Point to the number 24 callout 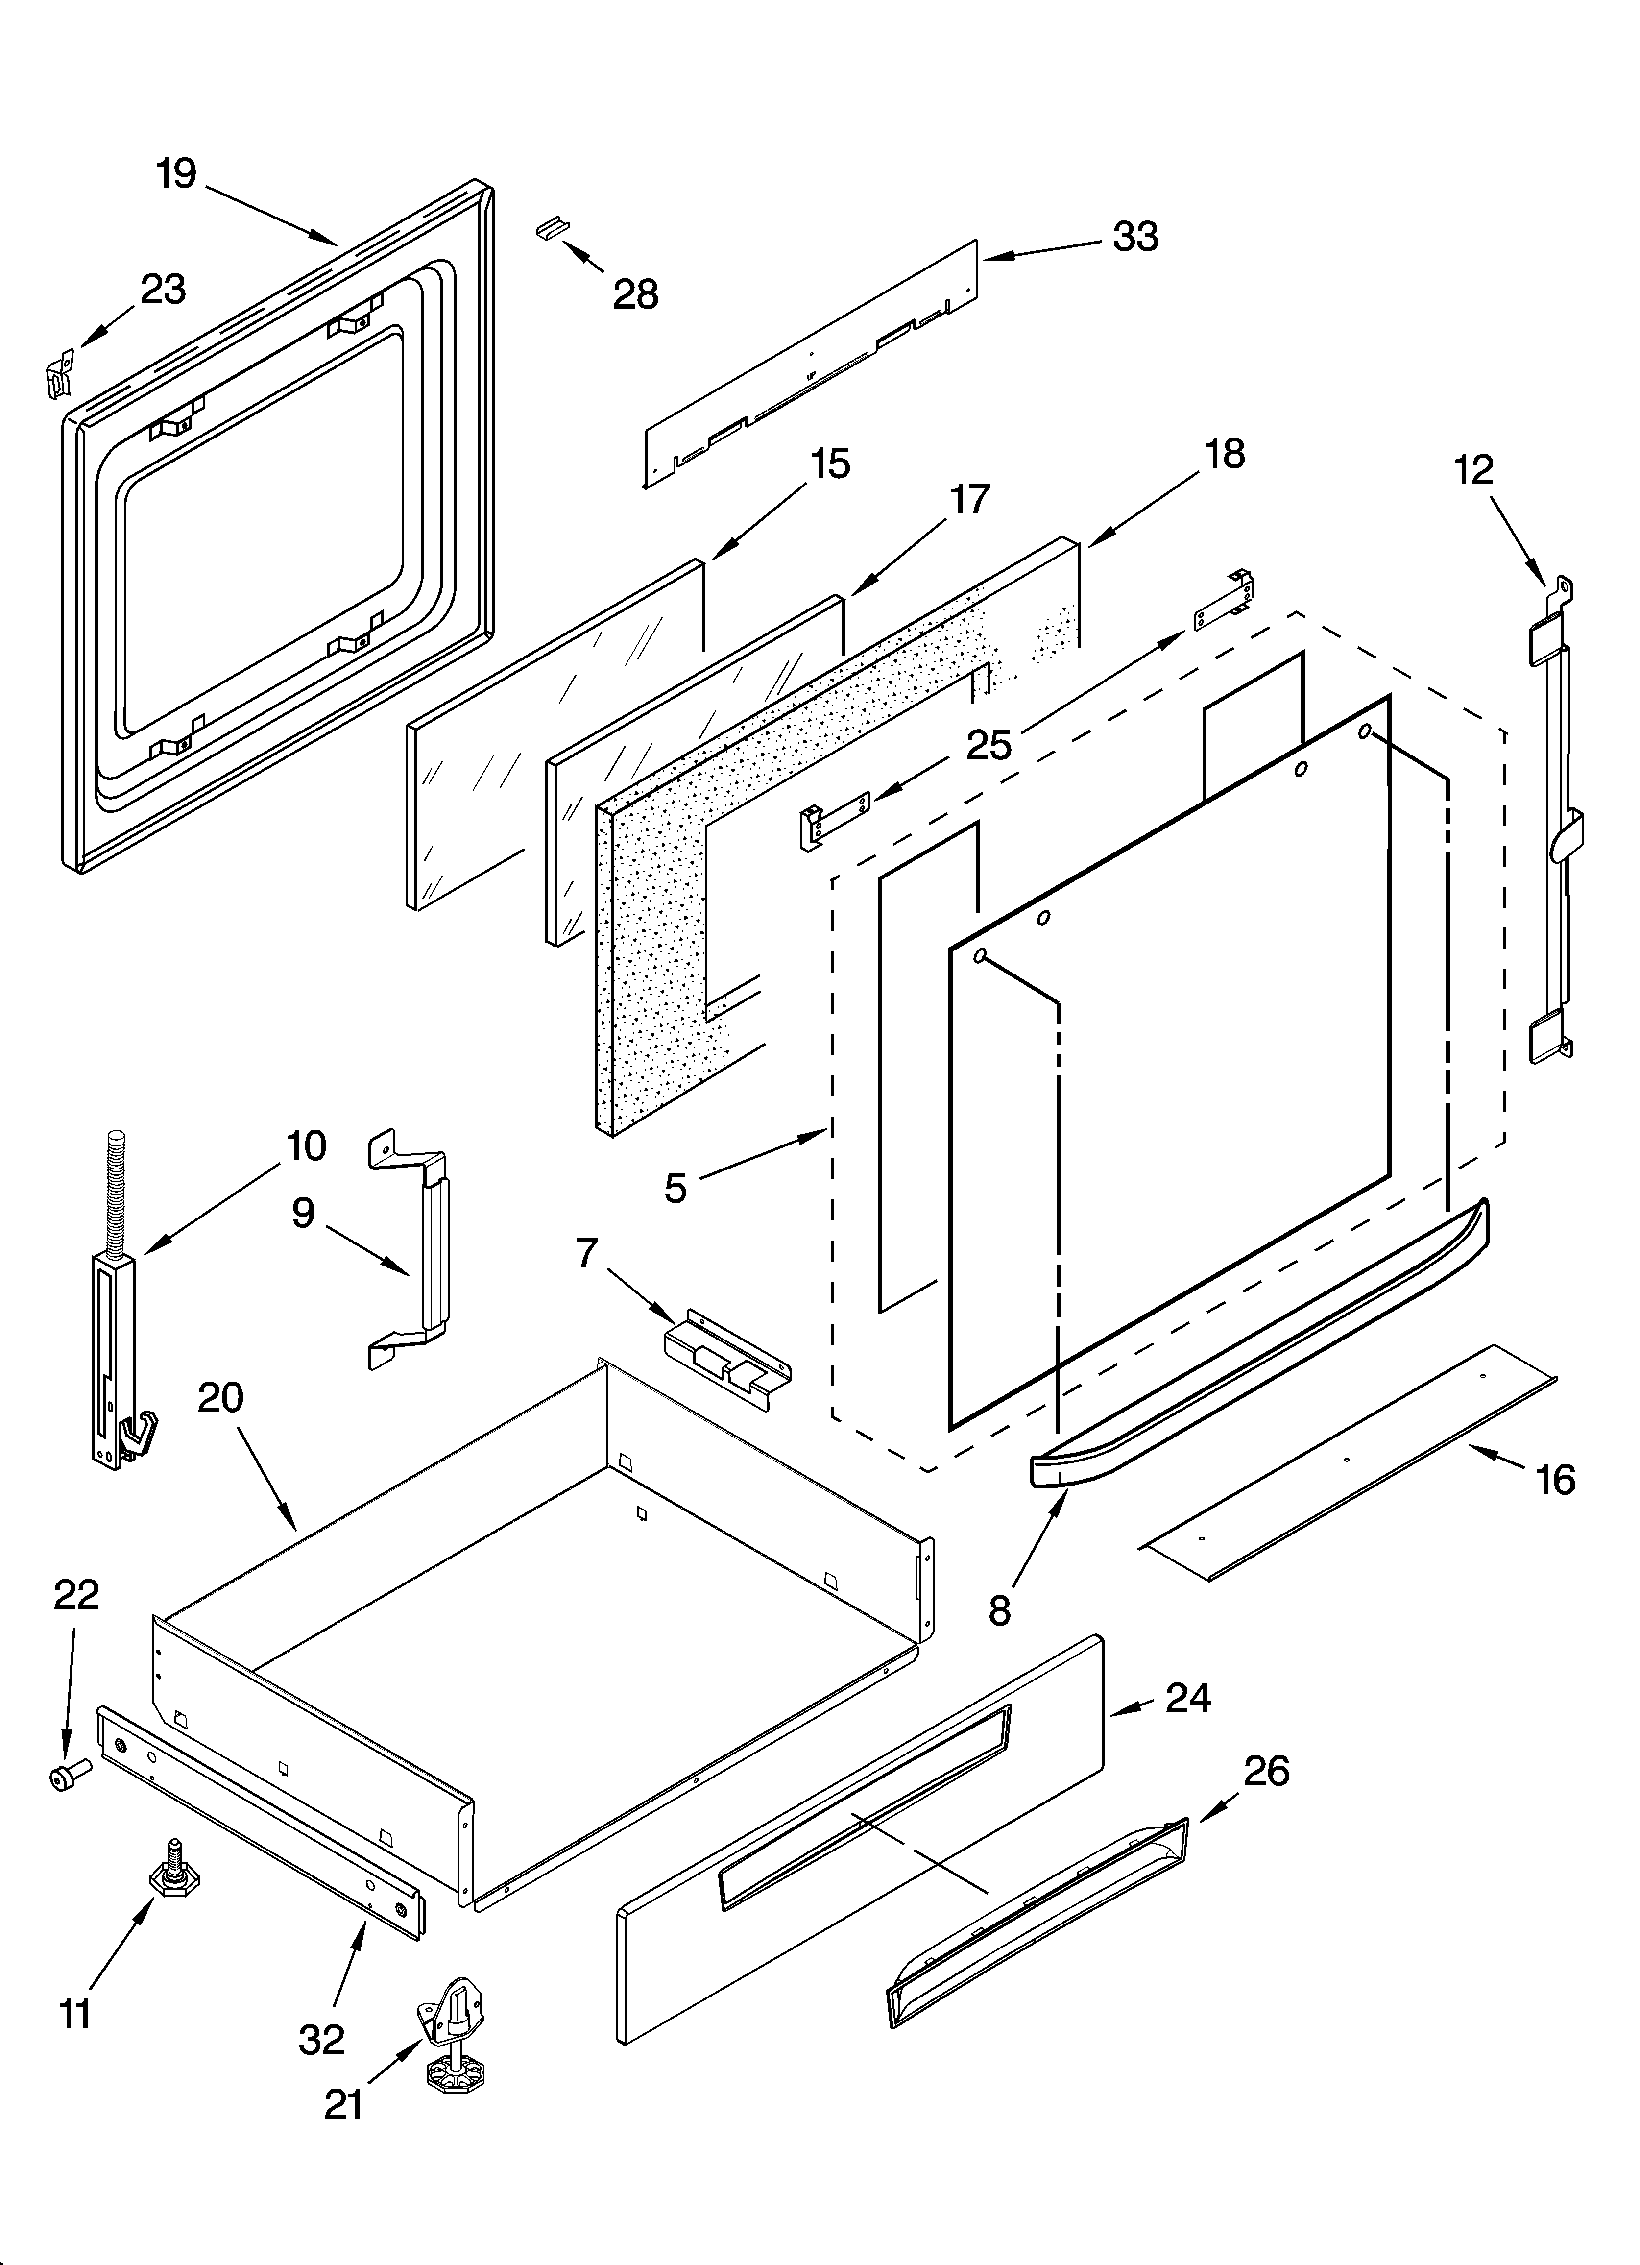tap(1188, 1698)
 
